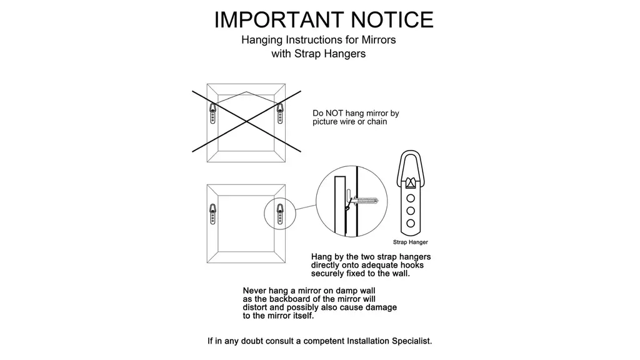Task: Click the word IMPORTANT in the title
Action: click(279, 19)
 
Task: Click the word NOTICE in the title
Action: click(392, 19)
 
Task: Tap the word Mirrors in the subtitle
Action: click(378, 40)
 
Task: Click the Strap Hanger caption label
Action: click(410, 242)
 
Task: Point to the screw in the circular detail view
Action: click(364, 201)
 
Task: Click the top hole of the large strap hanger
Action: click(411, 198)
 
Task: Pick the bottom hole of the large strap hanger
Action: click(411, 223)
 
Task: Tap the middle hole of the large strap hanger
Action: click(411, 211)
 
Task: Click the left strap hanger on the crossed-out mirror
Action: click(212, 113)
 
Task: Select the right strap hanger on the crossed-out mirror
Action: click(280, 113)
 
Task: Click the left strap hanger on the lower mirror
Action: click(212, 214)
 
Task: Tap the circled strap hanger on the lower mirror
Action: click(280, 214)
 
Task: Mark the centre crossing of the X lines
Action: click(246, 121)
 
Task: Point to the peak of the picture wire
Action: click(246, 92)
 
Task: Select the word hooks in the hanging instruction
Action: click(412, 265)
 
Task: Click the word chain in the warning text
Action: click(377, 122)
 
